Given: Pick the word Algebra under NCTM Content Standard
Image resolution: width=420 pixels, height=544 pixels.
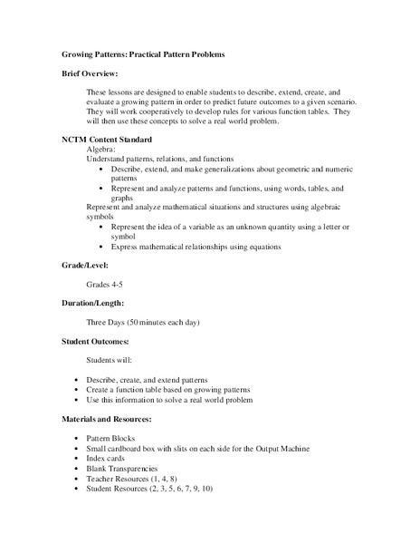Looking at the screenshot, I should click(x=102, y=151).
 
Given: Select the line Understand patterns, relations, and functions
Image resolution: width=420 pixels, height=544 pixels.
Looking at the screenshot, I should click(x=159, y=160).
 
